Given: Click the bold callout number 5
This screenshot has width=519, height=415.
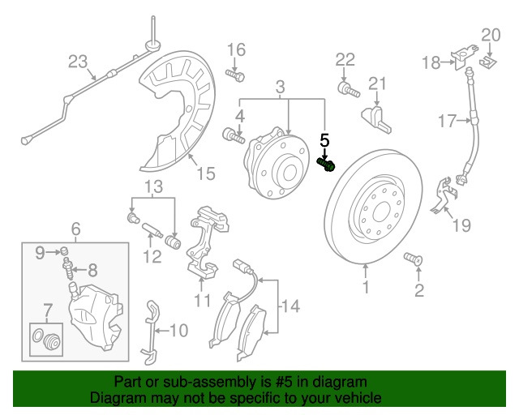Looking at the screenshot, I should pyautogui.click(x=324, y=140).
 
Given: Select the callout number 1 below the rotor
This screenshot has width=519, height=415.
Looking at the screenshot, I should pyautogui.click(x=365, y=286).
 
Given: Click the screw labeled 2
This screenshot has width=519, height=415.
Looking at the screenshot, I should pyautogui.click(x=412, y=259).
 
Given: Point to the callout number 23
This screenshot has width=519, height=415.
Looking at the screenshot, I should pyautogui.click(x=76, y=62).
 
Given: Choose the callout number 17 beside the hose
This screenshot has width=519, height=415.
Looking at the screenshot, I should pyautogui.click(x=448, y=122).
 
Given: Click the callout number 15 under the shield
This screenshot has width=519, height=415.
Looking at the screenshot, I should pyautogui.click(x=205, y=173).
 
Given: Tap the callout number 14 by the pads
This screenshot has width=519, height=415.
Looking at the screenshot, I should pyautogui.click(x=290, y=306).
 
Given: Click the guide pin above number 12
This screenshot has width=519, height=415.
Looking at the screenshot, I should pyautogui.click(x=152, y=233).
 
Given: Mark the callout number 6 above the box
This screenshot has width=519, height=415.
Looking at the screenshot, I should pyautogui.click(x=75, y=229).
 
